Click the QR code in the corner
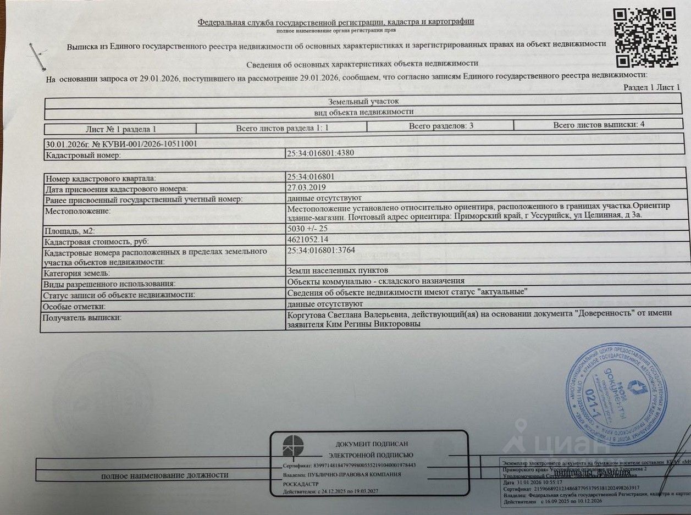coord(644,37)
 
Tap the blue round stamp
coord(615,394)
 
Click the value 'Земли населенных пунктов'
coord(338,270)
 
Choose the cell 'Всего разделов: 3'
coord(441,126)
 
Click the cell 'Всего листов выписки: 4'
coord(599,125)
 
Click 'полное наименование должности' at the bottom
coord(164,475)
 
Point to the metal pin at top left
coord(38,57)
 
